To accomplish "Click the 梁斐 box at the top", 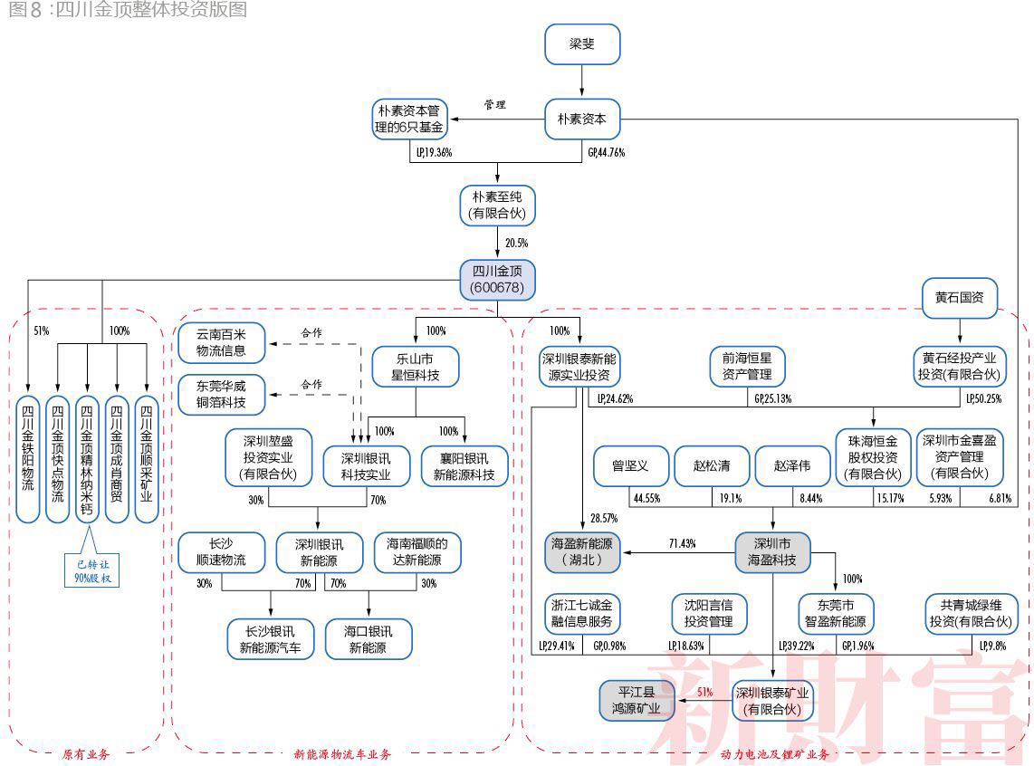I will pos(582,44).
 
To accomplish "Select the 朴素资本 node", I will pos(582,119).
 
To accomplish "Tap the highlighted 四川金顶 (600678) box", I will pos(497,280).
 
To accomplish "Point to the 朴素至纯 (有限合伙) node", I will pos(497,206).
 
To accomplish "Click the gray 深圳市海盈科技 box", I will pos(772,552).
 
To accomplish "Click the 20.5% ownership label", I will pos(516,244).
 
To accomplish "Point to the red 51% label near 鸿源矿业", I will pos(704,692).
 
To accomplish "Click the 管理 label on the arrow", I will pos(494,105).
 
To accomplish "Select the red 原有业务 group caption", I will pos(86,754).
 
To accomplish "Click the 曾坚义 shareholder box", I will pos(630,466).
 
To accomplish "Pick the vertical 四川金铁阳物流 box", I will pos(28,460).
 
